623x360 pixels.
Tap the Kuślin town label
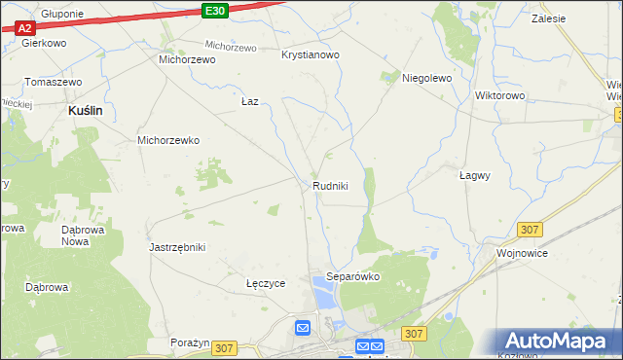[x=86, y=112]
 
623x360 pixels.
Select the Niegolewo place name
[x=427, y=78]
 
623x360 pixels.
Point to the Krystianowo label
[x=311, y=55]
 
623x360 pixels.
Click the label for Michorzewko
[x=168, y=140]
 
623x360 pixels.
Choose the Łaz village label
[x=250, y=101]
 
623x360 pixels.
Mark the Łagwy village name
[x=474, y=176]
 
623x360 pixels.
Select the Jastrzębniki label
[x=177, y=247]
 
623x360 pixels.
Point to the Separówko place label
[x=352, y=276]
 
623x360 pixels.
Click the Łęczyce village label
[x=266, y=284]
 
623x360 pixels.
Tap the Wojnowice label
[x=523, y=253]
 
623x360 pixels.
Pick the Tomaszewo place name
[x=53, y=82]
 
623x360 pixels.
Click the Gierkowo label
[x=44, y=44]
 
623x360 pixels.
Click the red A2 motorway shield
[x=25, y=28]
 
